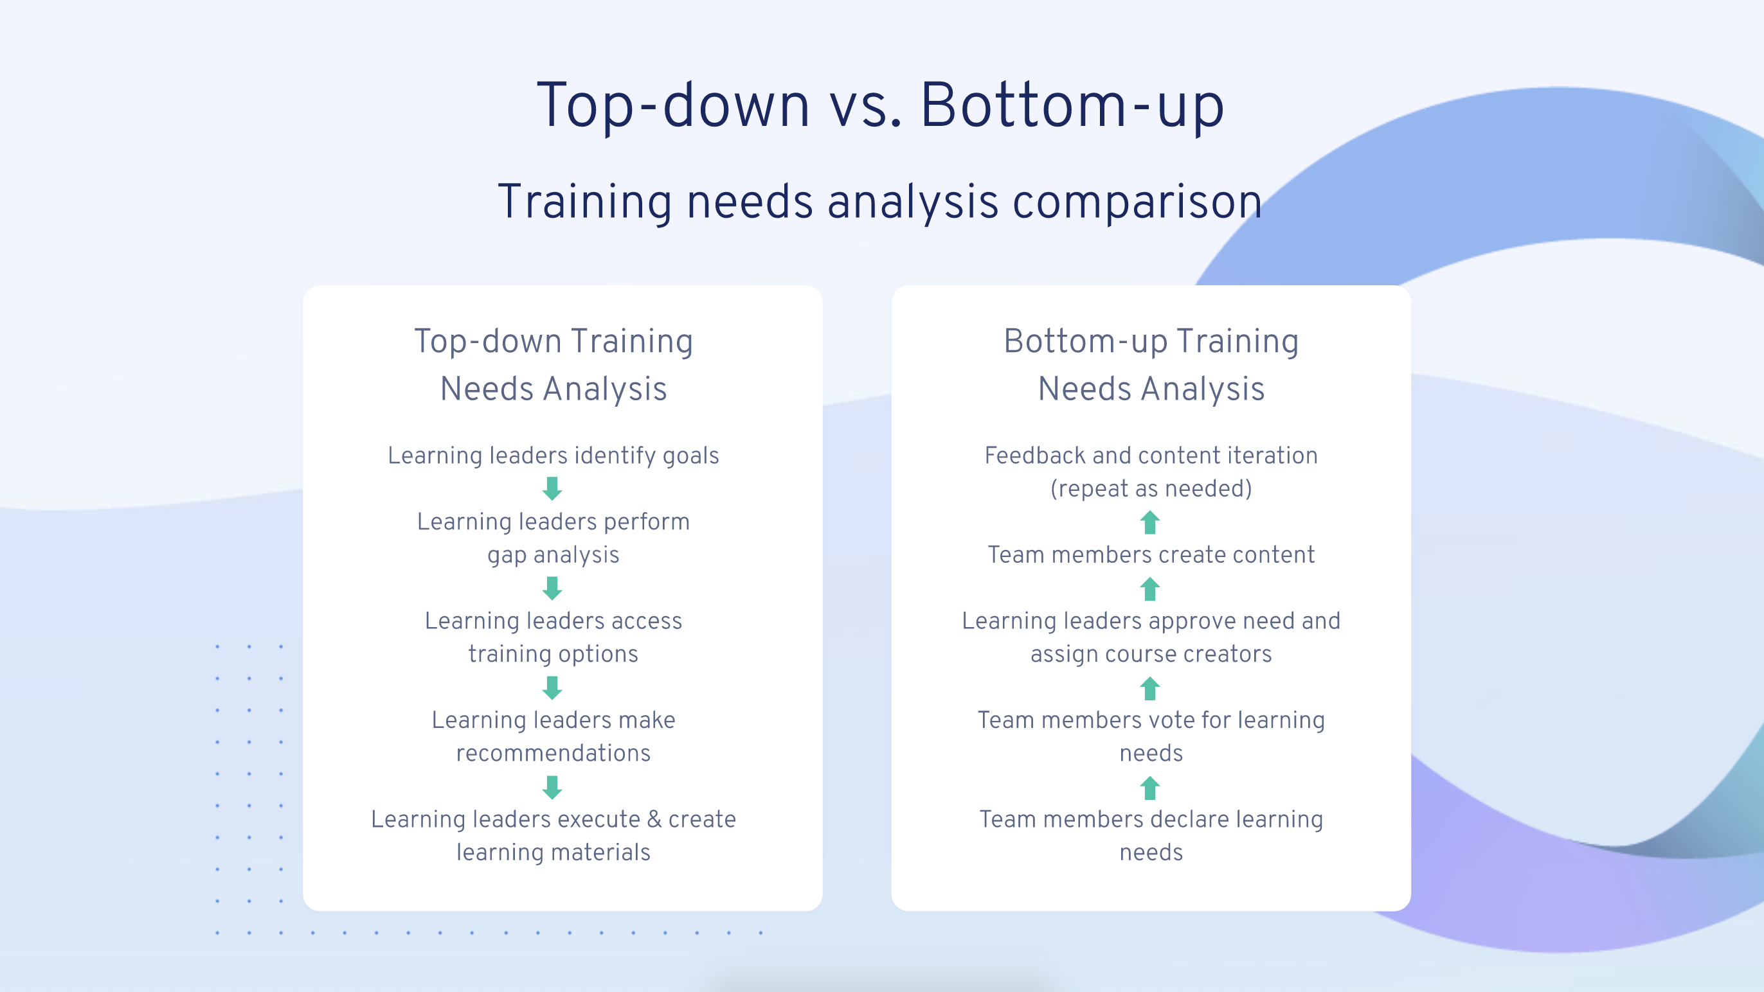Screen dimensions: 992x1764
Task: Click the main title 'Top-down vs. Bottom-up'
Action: point(881,105)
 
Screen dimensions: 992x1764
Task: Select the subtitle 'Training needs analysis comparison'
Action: point(881,202)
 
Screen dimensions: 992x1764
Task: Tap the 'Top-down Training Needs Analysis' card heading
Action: point(553,364)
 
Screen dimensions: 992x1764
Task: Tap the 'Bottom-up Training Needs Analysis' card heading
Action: point(1151,364)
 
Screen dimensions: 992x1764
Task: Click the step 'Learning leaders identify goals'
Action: point(553,456)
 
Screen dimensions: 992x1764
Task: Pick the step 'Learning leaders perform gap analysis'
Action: point(553,538)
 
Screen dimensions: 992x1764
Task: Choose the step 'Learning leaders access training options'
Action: point(553,637)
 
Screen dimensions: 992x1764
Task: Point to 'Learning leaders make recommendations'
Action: point(553,737)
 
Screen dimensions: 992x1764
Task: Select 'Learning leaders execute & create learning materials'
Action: point(553,835)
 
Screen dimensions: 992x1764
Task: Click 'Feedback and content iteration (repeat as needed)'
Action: point(1151,472)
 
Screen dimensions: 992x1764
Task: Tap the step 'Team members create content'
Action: point(1151,554)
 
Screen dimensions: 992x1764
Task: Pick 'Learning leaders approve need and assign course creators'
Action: point(1151,637)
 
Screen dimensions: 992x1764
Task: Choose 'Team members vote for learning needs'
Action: point(1151,737)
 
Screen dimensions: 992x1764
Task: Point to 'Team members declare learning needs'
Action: point(1151,835)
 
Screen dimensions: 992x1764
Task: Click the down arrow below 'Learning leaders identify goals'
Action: point(553,489)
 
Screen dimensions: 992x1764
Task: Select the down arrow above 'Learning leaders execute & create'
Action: point(553,787)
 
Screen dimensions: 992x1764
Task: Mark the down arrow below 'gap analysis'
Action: point(553,588)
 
